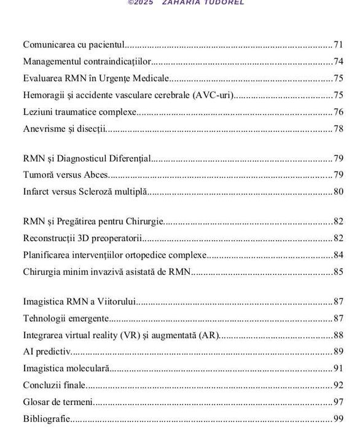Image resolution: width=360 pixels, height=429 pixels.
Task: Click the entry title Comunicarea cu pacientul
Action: click(74, 44)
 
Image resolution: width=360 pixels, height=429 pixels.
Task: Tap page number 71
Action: click(338, 44)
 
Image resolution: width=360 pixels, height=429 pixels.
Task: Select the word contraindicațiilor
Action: click(120, 61)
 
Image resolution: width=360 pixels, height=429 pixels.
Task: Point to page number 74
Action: click(338, 61)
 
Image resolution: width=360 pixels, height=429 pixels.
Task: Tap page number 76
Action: click(338, 112)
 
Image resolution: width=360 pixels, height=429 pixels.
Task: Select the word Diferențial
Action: click(130, 158)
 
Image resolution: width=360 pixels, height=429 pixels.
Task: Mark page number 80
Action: click(338, 191)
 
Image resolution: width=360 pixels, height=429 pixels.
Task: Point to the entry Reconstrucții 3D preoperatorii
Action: click(82, 238)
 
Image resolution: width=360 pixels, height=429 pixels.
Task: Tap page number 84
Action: click(338, 255)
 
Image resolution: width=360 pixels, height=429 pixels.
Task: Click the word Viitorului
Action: click(117, 301)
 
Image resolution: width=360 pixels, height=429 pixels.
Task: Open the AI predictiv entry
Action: click(47, 352)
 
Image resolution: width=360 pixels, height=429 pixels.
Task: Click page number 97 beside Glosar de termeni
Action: click(338, 402)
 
